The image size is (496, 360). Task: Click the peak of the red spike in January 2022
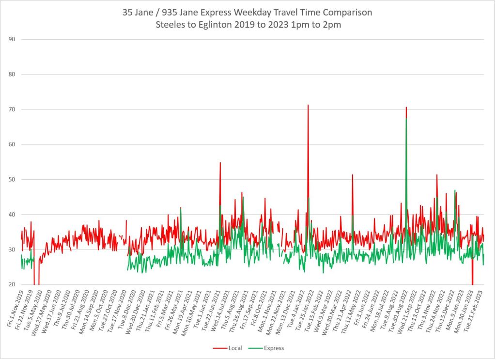[308, 105]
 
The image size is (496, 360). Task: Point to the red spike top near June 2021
[220, 163]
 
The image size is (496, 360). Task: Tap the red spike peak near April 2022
[353, 175]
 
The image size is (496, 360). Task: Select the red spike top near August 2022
[406, 107]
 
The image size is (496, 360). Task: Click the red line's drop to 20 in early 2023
[472, 283]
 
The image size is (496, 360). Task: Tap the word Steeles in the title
[170, 25]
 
